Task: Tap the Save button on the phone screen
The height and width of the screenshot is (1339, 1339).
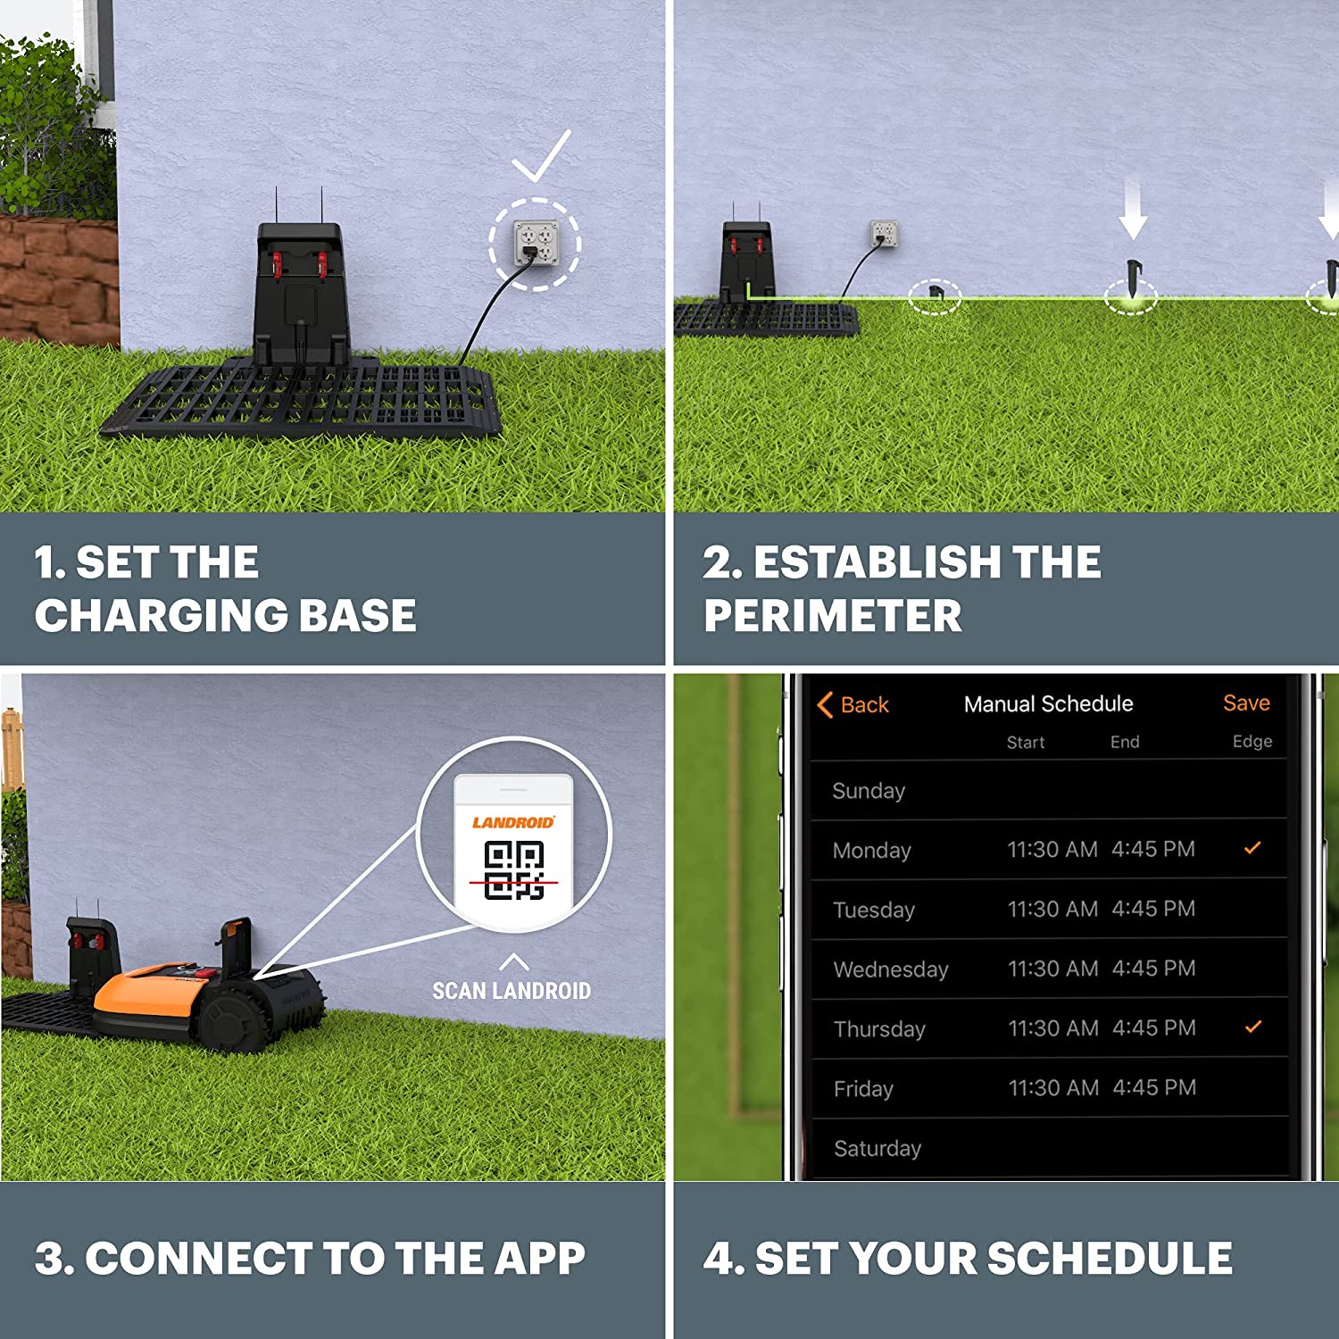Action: pos(1245,703)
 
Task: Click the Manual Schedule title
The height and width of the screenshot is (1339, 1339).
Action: pos(1048,704)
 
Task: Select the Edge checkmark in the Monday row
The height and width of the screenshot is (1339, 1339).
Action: pos(1252,848)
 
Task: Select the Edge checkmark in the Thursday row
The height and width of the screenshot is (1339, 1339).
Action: pos(1252,1027)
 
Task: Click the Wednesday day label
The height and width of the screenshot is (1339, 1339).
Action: pos(890,969)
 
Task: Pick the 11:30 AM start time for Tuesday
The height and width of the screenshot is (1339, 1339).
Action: pos(1052,909)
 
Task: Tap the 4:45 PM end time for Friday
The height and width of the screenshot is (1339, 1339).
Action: pos(1153,1087)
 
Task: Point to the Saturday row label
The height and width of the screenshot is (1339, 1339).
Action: pos(877,1148)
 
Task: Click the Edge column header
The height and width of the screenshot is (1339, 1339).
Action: pos(1252,742)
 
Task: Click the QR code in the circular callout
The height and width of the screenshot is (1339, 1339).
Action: pos(514,870)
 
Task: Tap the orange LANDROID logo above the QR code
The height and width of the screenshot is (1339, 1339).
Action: pos(513,822)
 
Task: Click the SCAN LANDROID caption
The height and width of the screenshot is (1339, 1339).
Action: pos(511,991)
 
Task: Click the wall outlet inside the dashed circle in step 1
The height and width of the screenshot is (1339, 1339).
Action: pos(536,243)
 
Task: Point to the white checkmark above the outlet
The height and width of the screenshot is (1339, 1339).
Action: pos(541,155)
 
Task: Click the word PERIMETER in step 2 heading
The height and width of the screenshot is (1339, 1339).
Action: pos(832,616)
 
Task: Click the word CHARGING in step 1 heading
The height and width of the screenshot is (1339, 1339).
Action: pos(160,616)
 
